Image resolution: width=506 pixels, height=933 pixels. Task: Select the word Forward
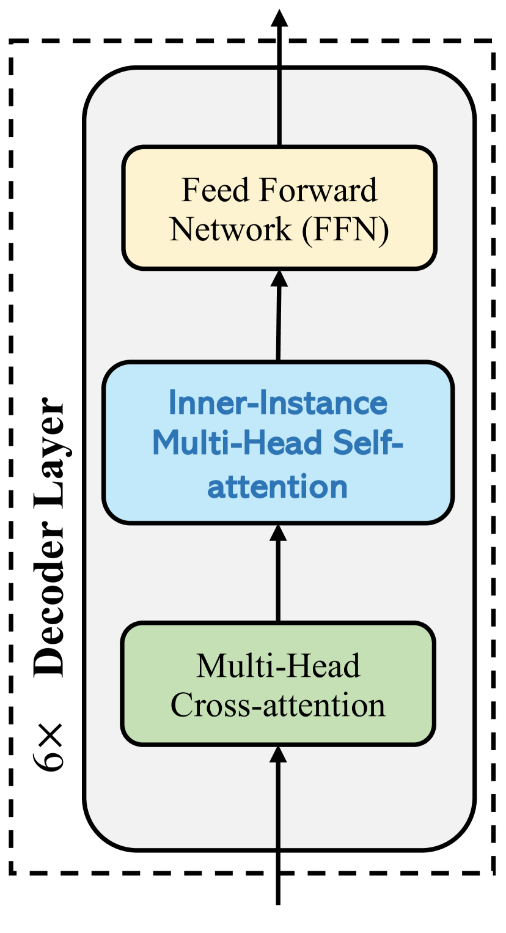click(318, 190)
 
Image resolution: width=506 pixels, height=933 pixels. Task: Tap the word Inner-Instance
click(278, 403)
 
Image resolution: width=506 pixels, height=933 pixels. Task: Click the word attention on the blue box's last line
click(278, 487)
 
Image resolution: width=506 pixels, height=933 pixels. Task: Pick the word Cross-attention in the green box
click(278, 705)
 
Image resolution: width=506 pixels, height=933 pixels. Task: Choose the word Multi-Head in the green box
click(278, 665)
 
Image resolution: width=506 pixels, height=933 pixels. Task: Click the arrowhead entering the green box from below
click(279, 753)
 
